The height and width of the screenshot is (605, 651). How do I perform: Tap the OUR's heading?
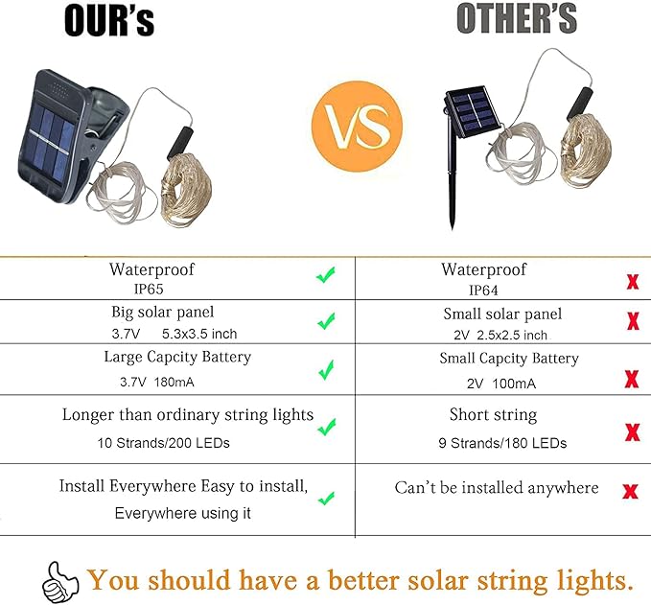108,20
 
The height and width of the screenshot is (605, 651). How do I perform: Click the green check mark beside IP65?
326,276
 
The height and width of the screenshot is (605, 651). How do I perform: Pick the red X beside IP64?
632,282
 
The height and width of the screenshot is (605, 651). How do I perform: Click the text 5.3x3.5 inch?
199,334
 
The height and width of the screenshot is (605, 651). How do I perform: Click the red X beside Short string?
632,432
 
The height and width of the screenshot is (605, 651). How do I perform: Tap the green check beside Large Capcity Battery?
326,369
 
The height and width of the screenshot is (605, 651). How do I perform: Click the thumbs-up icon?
59,580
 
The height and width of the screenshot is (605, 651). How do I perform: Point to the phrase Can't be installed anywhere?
496,488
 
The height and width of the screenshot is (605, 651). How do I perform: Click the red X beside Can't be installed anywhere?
630,492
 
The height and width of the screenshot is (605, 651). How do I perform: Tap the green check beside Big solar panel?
326,321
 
